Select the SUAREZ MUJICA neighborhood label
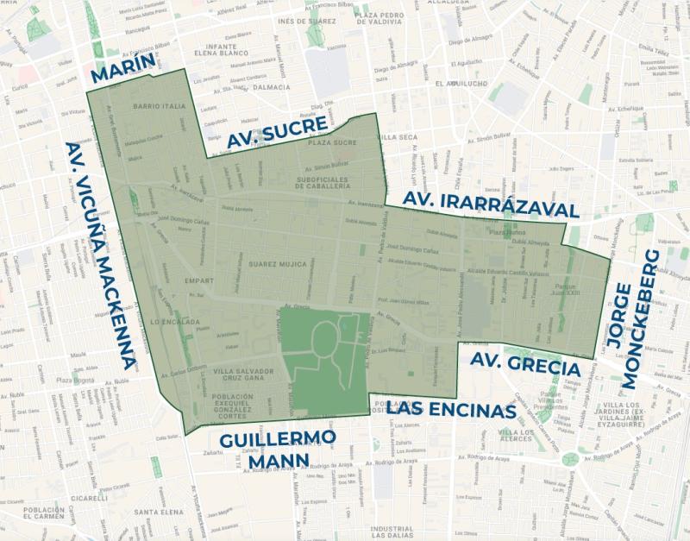pyautogui.click(x=276, y=263)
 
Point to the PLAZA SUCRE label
pyautogui.click(x=332, y=142)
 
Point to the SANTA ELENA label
pyautogui.click(x=156, y=510)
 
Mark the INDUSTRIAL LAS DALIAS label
pyautogui.click(x=392, y=532)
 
